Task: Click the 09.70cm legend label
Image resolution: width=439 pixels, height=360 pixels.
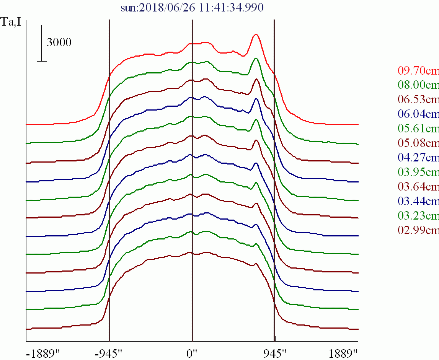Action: tap(418, 71)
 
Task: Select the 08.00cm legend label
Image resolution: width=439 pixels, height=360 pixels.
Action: tap(418, 85)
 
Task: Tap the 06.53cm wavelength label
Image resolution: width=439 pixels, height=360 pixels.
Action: tap(418, 100)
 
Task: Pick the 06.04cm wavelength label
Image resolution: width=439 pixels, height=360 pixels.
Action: tap(418, 114)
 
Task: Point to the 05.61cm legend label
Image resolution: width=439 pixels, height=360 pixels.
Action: tap(418, 129)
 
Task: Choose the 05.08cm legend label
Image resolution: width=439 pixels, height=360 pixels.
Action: tap(418, 143)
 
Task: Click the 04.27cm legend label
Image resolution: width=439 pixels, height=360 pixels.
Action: tap(418, 158)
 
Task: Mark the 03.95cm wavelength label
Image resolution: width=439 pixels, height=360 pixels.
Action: tap(418, 173)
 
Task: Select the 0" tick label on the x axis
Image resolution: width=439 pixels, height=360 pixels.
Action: tap(192, 353)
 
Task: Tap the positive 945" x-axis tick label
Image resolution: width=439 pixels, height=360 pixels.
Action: tap(275, 353)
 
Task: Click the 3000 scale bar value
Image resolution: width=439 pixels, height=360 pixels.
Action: tap(59, 42)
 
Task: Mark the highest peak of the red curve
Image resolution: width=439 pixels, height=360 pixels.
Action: tap(256, 34)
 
